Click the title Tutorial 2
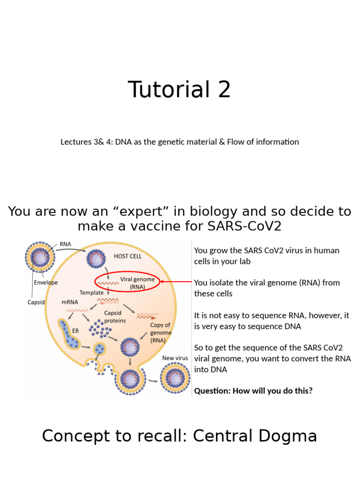pos(179,90)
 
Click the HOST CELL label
pos(127,256)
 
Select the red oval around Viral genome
pos(127,282)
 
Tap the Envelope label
pos(46,283)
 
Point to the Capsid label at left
pos(36,302)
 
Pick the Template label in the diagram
pos(91,292)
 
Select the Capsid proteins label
pos(114,317)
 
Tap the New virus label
pos(175,358)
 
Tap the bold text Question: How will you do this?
pos(253,390)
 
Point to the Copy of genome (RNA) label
pos(161,333)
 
